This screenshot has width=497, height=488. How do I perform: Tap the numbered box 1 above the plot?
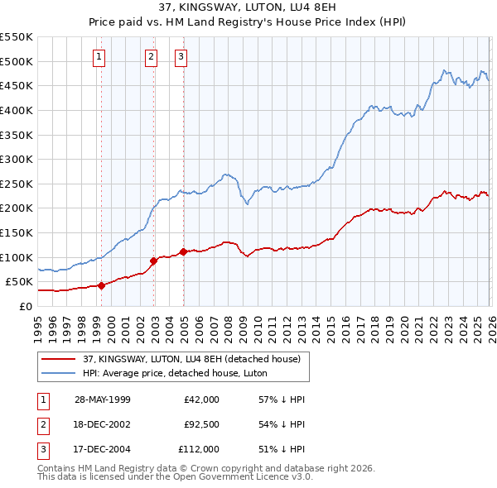coord(99,57)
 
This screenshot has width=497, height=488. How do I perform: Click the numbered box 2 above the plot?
coord(151,57)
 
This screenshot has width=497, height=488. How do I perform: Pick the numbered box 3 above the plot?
coord(181,57)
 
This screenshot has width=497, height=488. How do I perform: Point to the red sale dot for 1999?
coord(102,285)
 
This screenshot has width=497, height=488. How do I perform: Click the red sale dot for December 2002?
coord(154,261)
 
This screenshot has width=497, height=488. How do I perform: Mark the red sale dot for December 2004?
coord(183,251)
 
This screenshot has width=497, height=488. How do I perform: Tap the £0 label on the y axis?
coord(25,306)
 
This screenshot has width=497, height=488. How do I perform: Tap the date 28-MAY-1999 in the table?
coord(103,399)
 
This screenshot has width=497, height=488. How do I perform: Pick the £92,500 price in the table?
coord(200,424)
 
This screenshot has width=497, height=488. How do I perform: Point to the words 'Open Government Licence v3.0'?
coord(238,477)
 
